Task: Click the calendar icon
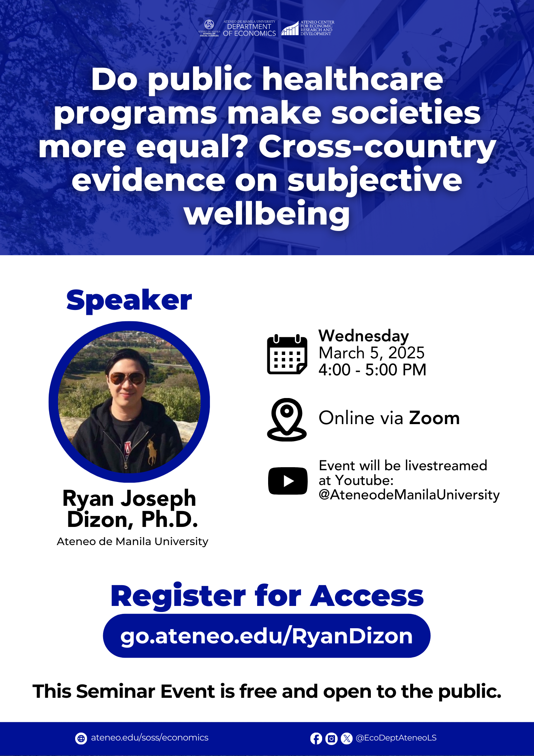tap(287, 354)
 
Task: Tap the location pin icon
tap(287, 419)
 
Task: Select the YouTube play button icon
tap(288, 481)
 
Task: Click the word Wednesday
tap(364, 336)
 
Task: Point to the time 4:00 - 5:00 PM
tap(372, 370)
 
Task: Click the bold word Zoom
tap(434, 418)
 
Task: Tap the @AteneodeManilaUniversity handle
tap(409, 495)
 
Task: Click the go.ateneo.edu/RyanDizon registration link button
tap(267, 636)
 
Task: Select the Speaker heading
tap(129, 301)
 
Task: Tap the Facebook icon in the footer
tap(316, 738)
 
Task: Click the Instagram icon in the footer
tap(331, 738)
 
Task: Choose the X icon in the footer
tap(346, 738)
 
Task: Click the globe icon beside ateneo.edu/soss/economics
tap(81, 738)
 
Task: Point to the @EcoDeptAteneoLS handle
tap(396, 738)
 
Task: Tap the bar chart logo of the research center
tap(290, 28)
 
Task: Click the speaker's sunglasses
tap(127, 378)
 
